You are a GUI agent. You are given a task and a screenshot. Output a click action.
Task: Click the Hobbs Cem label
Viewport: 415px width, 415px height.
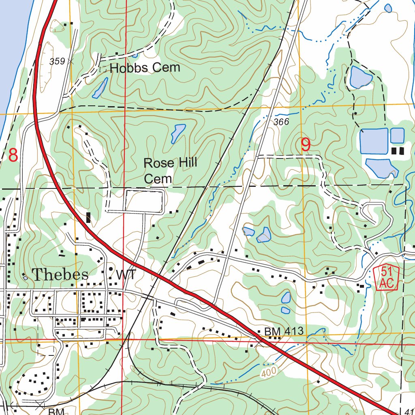[145, 68]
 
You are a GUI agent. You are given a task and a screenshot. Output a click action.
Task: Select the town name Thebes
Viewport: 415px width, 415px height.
[60, 274]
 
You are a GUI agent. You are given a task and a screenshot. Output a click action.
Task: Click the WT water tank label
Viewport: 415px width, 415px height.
[126, 275]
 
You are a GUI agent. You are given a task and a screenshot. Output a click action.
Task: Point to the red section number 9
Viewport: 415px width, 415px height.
[306, 145]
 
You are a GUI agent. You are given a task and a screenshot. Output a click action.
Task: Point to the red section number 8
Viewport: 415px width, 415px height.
[13, 155]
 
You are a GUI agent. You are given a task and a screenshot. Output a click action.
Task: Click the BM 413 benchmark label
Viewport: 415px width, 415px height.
[284, 332]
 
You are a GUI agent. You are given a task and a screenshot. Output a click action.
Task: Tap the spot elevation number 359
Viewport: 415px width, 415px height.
[57, 62]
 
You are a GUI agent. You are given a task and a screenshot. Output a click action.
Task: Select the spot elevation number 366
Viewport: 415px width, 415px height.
[281, 122]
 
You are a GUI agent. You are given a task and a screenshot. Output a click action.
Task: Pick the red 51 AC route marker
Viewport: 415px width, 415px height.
[387, 278]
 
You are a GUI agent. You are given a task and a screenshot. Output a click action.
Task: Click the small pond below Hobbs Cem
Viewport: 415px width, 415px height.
[100, 88]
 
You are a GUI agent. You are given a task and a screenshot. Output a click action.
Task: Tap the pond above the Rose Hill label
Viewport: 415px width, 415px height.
[178, 133]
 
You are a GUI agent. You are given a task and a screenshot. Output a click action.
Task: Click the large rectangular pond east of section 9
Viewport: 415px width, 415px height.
[374, 141]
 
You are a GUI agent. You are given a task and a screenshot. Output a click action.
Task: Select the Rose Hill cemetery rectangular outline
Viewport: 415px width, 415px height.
[144, 200]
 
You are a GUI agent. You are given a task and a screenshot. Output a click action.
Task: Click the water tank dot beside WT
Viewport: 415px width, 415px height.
[111, 269]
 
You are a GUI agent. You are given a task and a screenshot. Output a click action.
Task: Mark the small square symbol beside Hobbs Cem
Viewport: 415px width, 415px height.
[103, 69]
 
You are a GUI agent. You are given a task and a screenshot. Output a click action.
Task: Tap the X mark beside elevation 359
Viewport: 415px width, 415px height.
[72, 62]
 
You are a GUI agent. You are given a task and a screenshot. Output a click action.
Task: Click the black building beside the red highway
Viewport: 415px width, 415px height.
[88, 218]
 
